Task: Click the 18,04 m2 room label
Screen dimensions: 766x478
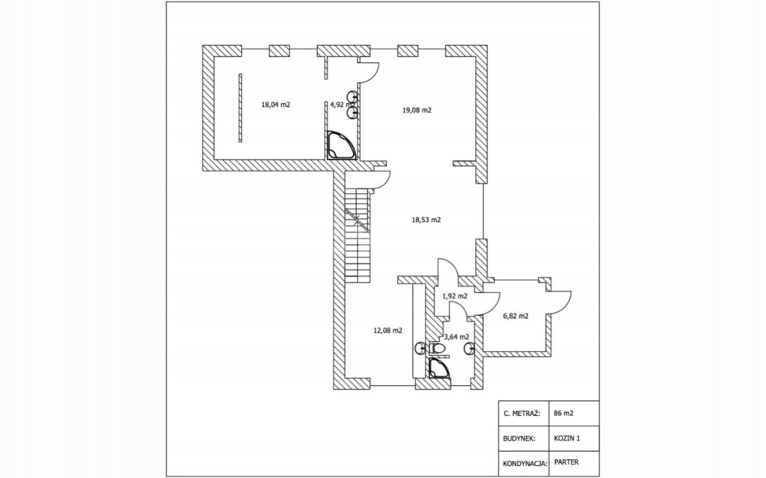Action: pos(275,105)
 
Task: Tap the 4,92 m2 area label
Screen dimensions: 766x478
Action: pos(341,105)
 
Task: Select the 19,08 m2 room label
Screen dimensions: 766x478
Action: pos(417,110)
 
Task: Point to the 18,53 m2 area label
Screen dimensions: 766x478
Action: pos(426,220)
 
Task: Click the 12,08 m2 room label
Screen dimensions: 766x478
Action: pos(387,330)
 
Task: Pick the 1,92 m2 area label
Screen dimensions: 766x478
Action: pos(455,295)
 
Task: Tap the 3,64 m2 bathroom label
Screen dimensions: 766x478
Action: pos(456,337)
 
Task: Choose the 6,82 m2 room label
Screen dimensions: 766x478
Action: pos(516,316)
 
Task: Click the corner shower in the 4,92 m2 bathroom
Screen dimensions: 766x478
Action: pos(339,144)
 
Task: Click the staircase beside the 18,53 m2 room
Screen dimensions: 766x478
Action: pos(358,232)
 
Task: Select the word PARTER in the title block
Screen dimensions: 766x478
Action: pos(566,462)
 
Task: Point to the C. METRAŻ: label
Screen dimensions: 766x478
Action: pos(521,412)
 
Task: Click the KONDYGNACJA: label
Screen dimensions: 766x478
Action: pos(524,462)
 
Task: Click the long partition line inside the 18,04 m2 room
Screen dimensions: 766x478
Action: pos(241,106)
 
